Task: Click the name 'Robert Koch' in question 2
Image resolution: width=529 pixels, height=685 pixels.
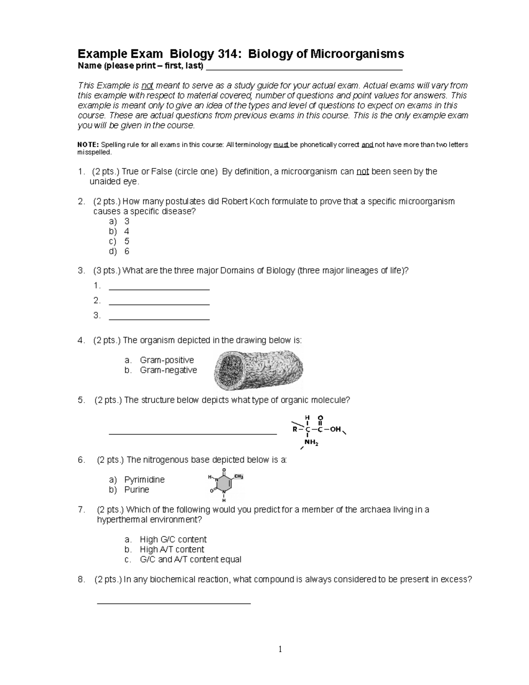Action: pos(242,202)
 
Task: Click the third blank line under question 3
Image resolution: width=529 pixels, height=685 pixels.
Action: pos(159,318)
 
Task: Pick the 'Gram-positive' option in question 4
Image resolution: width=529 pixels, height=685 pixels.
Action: pos(167,360)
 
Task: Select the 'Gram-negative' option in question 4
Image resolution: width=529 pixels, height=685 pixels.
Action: pos(168,370)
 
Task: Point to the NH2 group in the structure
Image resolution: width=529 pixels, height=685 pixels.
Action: pos(311,443)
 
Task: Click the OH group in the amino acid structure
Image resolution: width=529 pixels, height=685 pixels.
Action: pos(335,429)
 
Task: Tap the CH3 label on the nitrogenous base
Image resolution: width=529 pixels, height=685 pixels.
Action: pos(238,476)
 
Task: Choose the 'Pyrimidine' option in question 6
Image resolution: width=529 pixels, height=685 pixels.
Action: pos(144,479)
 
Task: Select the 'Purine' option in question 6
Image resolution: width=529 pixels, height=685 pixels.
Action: pos(137,490)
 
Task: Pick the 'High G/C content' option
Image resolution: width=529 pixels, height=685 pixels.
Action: pos(173,539)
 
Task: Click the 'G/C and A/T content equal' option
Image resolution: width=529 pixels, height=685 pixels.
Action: pos(190,560)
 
